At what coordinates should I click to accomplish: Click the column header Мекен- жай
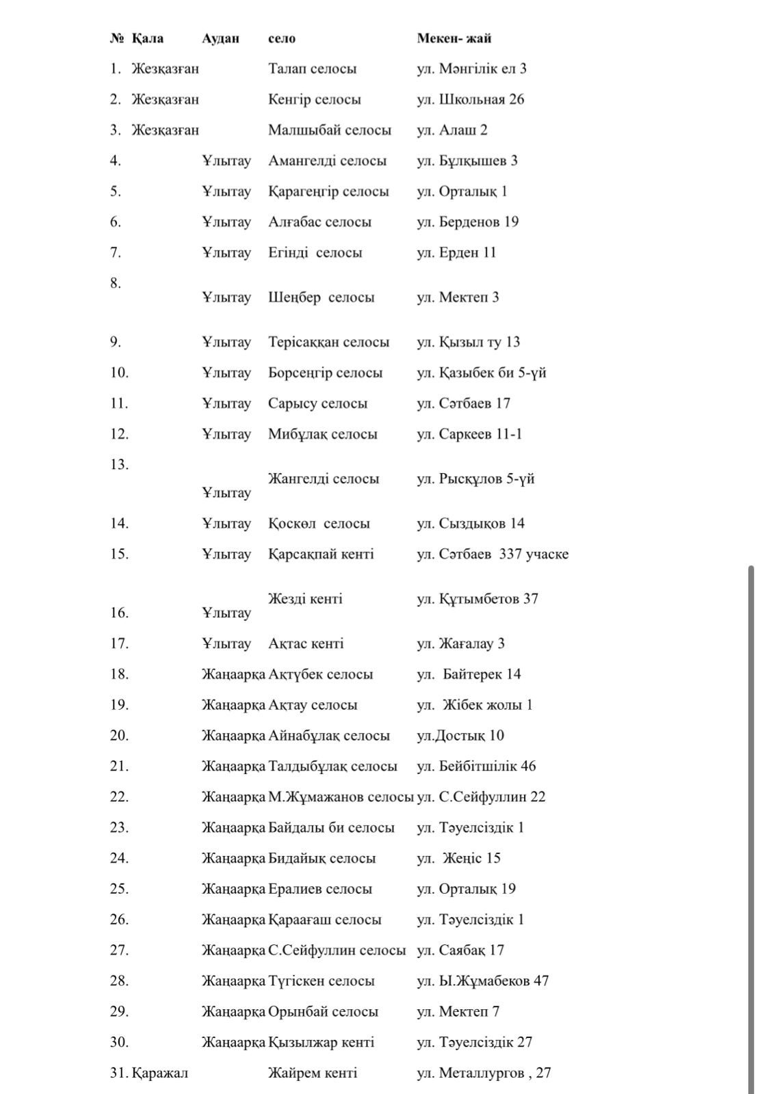pos(454,38)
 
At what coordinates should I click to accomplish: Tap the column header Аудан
pos(220,38)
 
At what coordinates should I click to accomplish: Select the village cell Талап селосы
pos(312,69)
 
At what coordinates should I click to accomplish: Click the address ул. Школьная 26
pos(470,100)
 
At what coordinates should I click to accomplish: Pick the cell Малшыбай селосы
pos(329,131)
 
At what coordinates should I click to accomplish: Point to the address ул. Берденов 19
pos(467,222)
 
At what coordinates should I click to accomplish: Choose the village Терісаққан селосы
pos(328,343)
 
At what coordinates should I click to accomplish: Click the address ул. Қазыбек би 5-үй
pos(481,373)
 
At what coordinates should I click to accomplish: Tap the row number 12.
pos(119,434)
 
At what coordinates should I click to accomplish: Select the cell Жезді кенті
pos(305,599)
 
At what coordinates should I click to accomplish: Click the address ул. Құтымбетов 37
pos(477,599)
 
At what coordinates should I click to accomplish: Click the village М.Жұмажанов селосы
pos(341,797)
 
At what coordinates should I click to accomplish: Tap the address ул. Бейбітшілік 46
pos(476,766)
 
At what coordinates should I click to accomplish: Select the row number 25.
pos(119,889)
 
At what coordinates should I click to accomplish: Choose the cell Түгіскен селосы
pos(322,981)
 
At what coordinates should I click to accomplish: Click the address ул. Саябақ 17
pos(460,950)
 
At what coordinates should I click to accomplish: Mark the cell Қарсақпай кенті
pos(321,555)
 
